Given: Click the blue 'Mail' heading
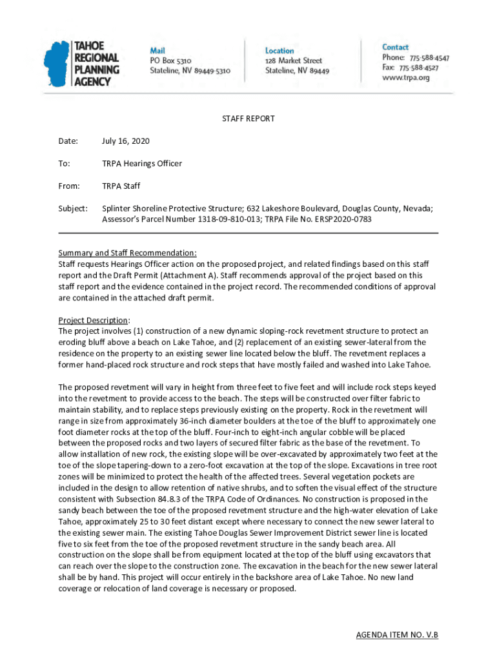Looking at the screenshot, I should coord(157,50).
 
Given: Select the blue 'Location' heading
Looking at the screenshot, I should coord(279,50).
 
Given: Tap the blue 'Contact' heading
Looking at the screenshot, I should coord(395,47).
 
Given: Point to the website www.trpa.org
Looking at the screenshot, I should coord(405,77).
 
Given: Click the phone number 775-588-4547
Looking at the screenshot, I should coord(424,57).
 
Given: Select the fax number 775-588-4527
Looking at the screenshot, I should coord(418,68).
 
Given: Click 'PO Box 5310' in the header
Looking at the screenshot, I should coord(171,61).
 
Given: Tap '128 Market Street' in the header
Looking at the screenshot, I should coord(294,61).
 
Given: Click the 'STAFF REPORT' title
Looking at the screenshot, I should coord(249,119).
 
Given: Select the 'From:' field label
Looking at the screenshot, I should coord(69,186).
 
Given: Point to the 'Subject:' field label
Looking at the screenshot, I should coord(72,209).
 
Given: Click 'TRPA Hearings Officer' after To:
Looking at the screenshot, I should coord(142,164).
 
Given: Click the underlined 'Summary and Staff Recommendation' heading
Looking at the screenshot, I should coord(127,253).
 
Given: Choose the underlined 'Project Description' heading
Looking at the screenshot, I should coord(94,320).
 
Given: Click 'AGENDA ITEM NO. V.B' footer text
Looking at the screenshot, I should coord(397,635).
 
